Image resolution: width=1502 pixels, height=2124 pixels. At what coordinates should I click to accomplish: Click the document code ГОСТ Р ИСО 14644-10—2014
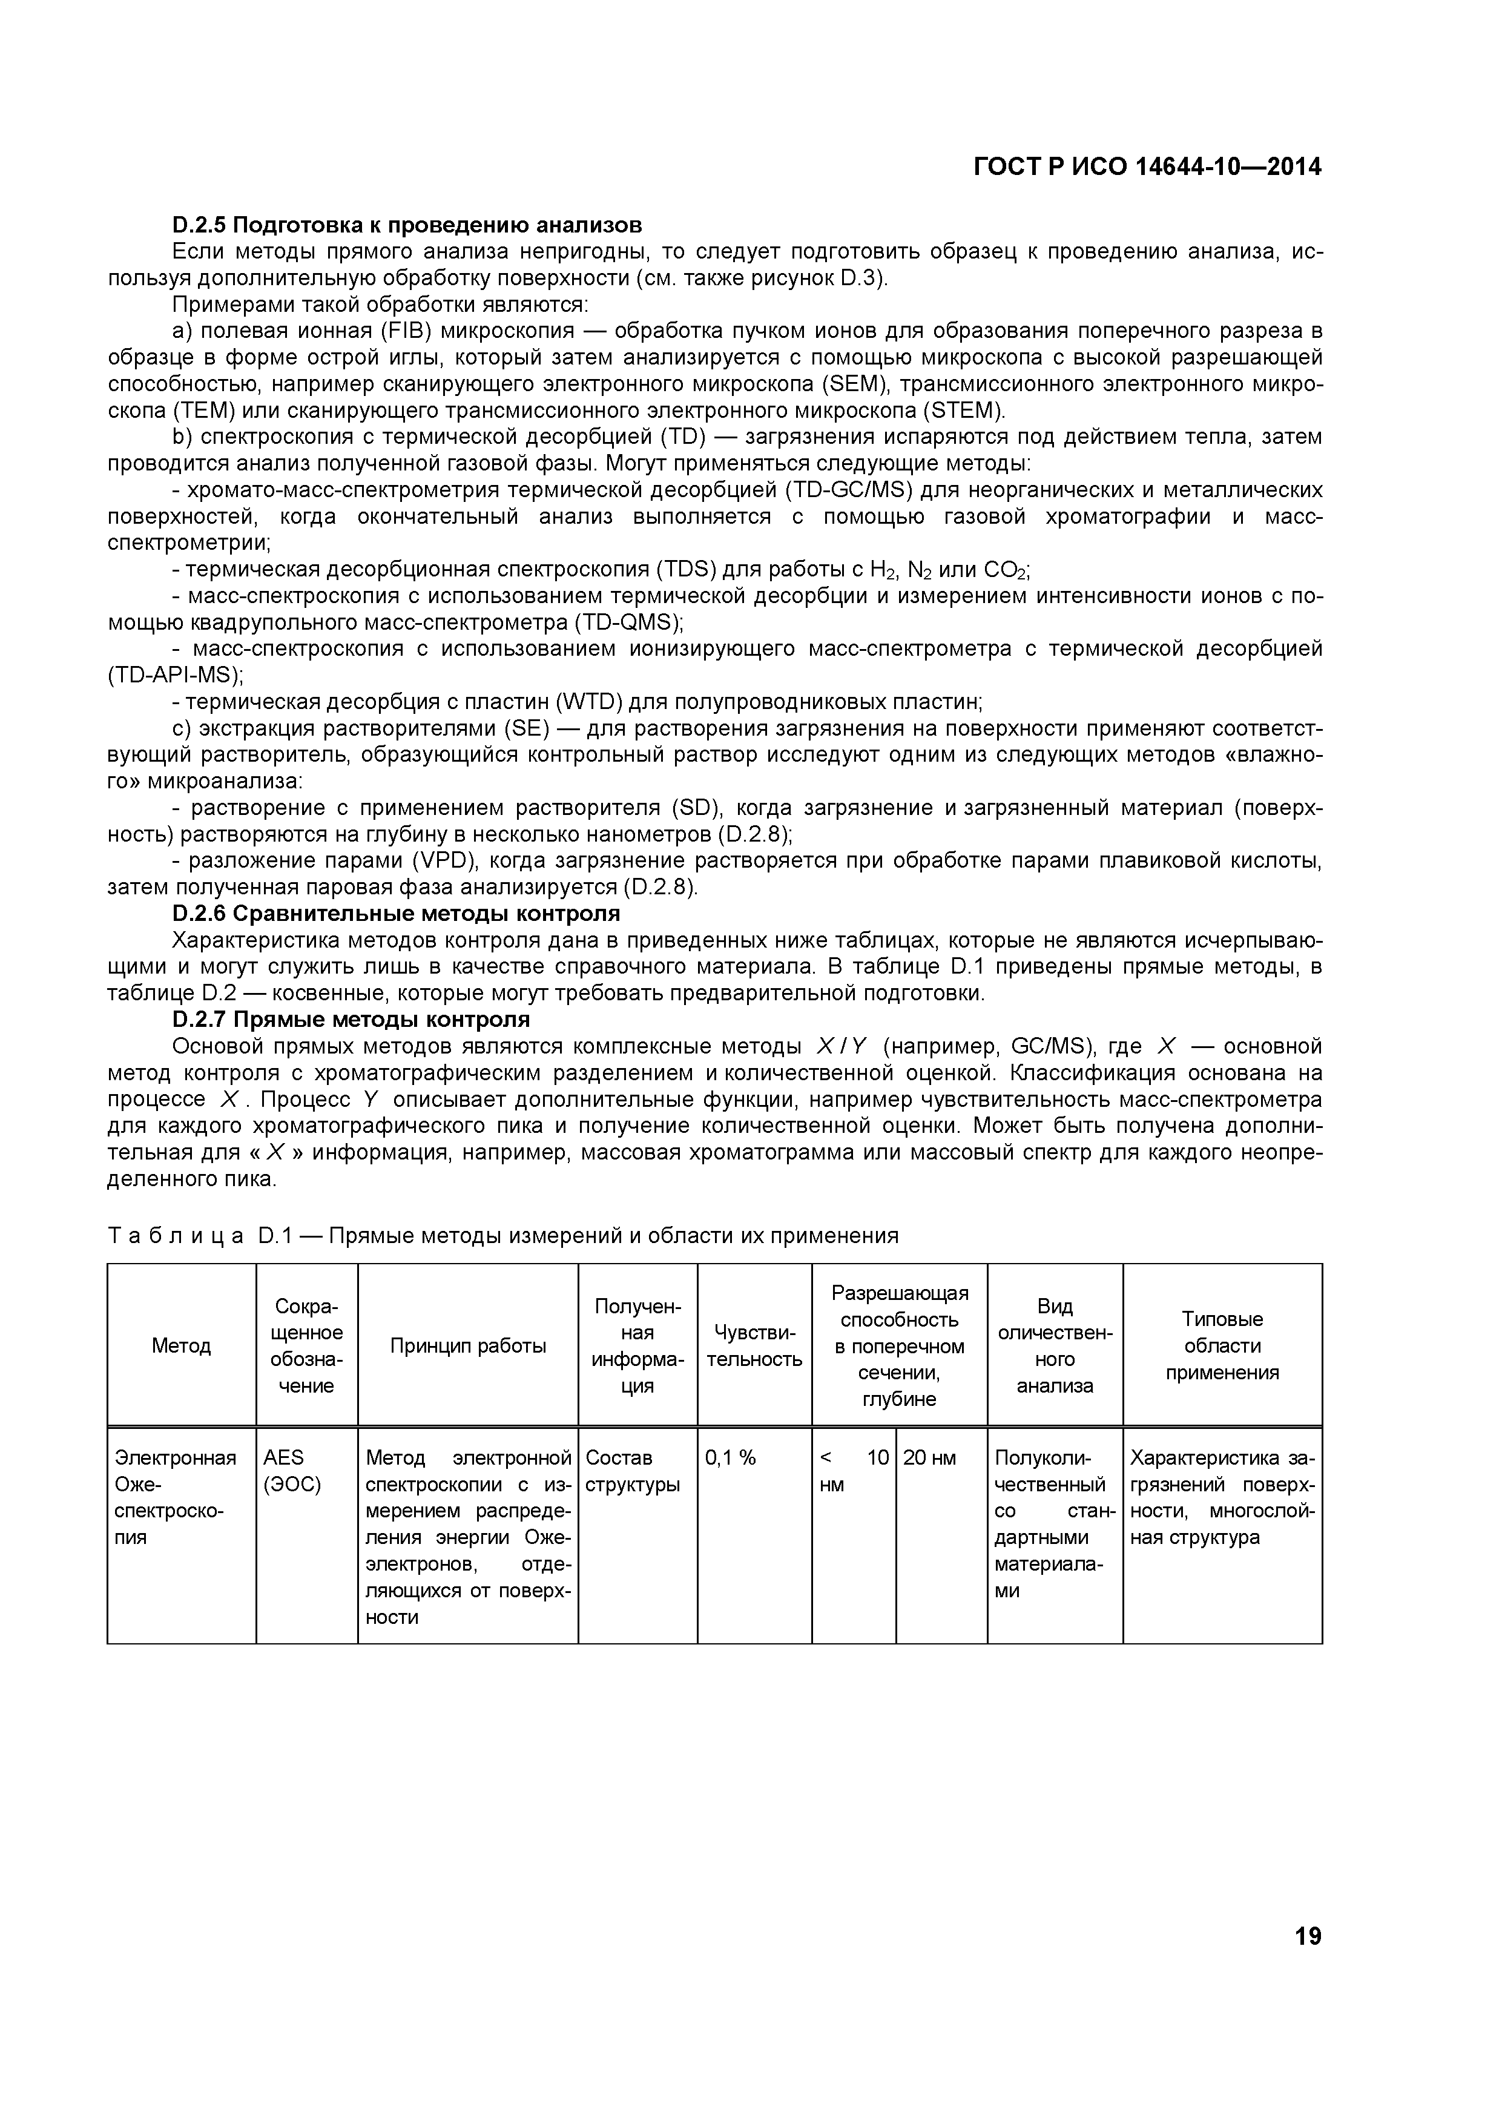[1147, 167]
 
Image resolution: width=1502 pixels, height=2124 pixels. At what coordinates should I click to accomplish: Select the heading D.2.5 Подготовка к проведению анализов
[407, 225]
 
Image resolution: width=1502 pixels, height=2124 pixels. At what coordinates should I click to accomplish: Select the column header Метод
[181, 1346]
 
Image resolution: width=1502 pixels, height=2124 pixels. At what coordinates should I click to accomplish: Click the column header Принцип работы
[468, 1346]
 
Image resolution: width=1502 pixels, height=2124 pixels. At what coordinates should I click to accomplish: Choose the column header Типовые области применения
[1222, 1346]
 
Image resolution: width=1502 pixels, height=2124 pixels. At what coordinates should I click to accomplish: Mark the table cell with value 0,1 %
[730, 1458]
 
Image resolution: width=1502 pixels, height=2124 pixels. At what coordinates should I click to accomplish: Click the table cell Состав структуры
[633, 1471]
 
